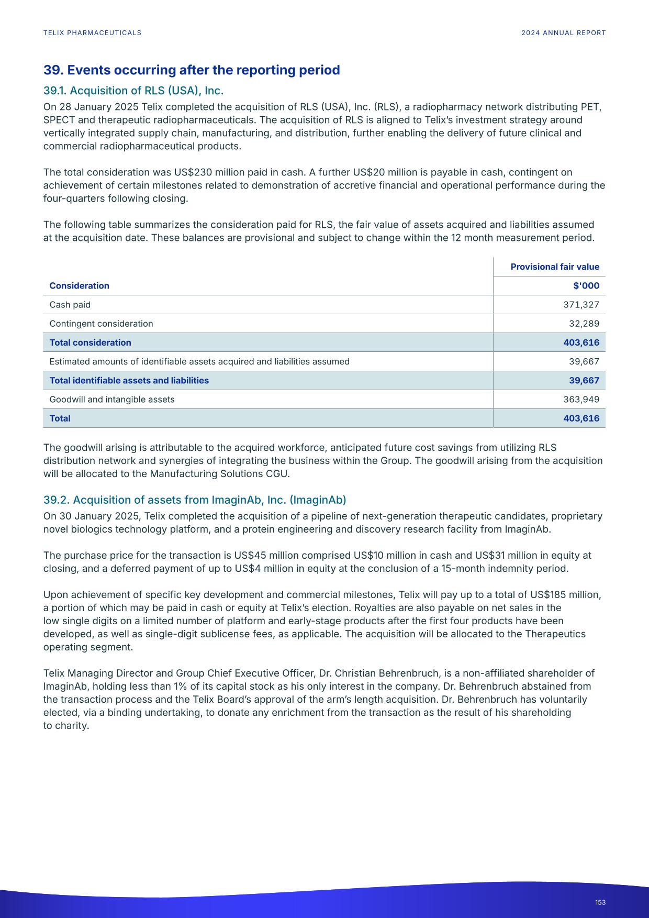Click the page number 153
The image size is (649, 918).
600,902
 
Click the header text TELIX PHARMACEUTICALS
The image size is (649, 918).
92,33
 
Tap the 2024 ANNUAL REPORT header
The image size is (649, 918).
563,33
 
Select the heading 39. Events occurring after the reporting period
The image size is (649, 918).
192,70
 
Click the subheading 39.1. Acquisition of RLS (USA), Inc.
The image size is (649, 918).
133,91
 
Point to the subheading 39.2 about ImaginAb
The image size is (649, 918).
195,500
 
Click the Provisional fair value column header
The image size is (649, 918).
555,267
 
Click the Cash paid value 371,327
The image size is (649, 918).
581,305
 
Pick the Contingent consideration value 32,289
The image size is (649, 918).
584,324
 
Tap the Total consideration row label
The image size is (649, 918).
90,342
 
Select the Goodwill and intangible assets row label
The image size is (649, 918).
112,400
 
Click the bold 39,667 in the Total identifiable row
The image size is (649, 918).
584,381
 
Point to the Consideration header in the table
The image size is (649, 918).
79,285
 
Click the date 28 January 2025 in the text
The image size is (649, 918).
98,107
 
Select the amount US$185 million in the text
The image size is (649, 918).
565,595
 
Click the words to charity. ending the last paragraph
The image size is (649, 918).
66,726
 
